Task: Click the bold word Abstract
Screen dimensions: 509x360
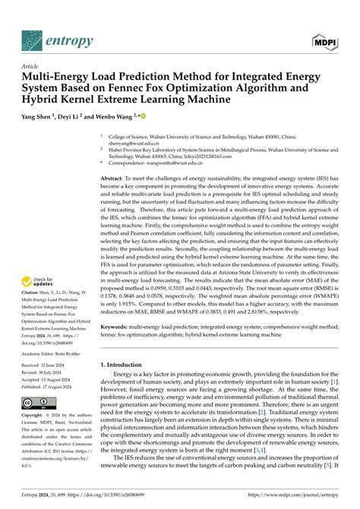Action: click(114, 176)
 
